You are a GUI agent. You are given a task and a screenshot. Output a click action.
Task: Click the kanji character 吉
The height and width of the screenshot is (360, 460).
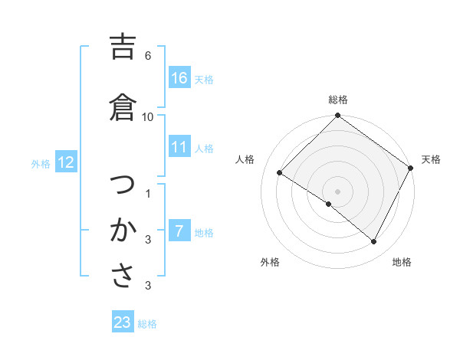point(123,48)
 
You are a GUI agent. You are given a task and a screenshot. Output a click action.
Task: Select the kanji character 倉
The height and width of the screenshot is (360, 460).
point(123,108)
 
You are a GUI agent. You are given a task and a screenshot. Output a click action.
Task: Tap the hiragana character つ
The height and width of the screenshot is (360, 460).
point(123,185)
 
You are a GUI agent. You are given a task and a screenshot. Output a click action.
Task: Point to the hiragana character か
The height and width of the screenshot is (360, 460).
point(123,230)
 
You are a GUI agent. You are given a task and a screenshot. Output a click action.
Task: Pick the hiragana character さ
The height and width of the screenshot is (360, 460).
point(123,276)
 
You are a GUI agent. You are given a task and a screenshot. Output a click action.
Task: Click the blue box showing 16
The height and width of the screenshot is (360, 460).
point(179,78)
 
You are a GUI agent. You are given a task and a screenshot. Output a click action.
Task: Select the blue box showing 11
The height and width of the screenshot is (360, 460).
point(179,147)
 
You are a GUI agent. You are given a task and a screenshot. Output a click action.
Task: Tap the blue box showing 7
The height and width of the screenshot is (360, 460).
point(179,231)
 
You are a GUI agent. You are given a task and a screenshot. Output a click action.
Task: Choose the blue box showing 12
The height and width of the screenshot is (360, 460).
point(66,162)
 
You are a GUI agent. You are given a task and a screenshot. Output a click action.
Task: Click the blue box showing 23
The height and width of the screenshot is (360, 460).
point(123,322)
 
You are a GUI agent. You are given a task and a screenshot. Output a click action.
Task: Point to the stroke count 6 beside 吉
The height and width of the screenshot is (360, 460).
point(148,56)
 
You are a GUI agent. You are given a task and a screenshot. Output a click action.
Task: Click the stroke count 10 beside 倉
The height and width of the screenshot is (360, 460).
point(148,116)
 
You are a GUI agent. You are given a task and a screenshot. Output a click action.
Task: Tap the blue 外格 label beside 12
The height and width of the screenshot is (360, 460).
point(41,163)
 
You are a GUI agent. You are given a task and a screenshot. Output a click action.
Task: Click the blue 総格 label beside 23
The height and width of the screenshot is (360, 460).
point(147,323)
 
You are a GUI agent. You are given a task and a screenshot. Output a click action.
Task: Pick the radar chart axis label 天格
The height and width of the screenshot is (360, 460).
point(431,159)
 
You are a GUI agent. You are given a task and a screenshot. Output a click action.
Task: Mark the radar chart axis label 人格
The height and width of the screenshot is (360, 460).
point(245,159)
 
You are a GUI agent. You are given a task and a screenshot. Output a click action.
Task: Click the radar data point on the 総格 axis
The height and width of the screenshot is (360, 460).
point(337,116)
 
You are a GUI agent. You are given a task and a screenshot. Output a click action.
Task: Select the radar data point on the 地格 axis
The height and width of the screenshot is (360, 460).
point(374,242)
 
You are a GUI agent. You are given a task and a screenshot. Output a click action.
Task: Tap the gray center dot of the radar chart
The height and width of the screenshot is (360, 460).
point(337,191)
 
